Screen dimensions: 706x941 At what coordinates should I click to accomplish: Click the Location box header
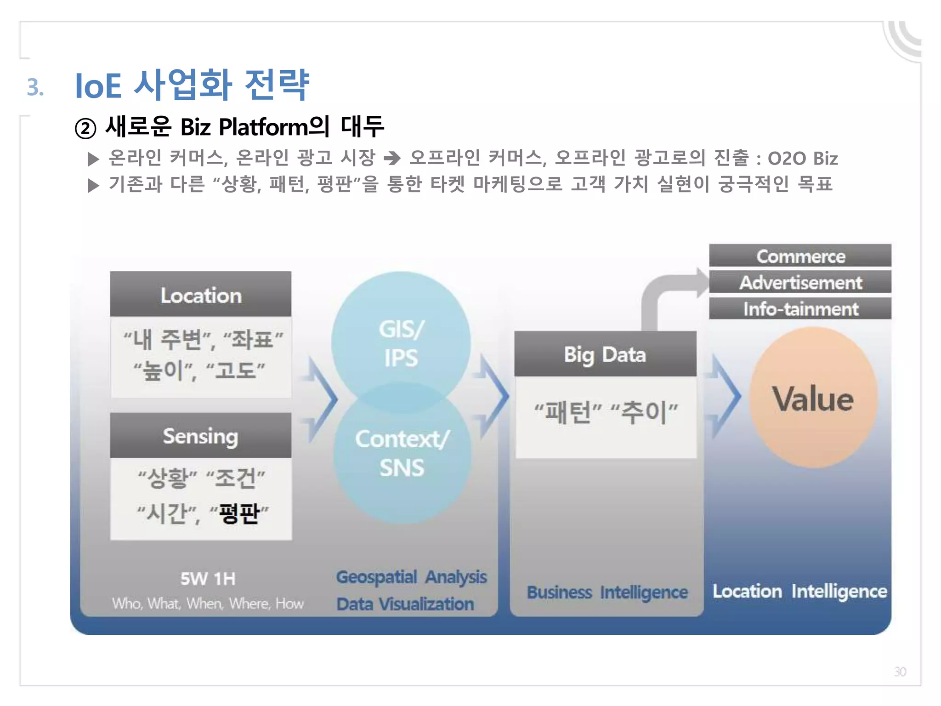pos(201,295)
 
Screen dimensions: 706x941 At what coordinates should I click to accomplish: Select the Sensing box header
pos(201,435)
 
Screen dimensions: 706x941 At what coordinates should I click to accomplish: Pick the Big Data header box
pos(605,354)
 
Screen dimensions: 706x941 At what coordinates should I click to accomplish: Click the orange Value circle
pos(813,398)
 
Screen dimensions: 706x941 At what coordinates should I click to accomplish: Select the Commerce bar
pos(800,256)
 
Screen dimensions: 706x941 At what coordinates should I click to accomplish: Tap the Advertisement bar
pos(800,282)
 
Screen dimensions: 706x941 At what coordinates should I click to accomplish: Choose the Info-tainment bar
pos(800,308)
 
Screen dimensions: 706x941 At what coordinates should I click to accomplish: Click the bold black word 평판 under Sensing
pos(239,513)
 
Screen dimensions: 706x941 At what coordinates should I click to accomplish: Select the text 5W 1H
pos(208,578)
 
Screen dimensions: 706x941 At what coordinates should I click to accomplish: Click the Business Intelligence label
pos(607,592)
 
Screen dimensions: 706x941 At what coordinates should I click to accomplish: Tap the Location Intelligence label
pos(799,591)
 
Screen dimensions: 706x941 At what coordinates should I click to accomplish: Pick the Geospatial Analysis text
pos(411,577)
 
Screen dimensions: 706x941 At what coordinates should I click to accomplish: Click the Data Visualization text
pos(405,604)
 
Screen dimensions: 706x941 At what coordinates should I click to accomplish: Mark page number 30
pos(900,672)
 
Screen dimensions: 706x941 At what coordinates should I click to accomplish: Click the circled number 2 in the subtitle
pos(85,128)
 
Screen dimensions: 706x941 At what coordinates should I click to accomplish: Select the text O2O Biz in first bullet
pos(803,158)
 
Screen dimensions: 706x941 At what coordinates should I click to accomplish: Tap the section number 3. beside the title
pos(35,87)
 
